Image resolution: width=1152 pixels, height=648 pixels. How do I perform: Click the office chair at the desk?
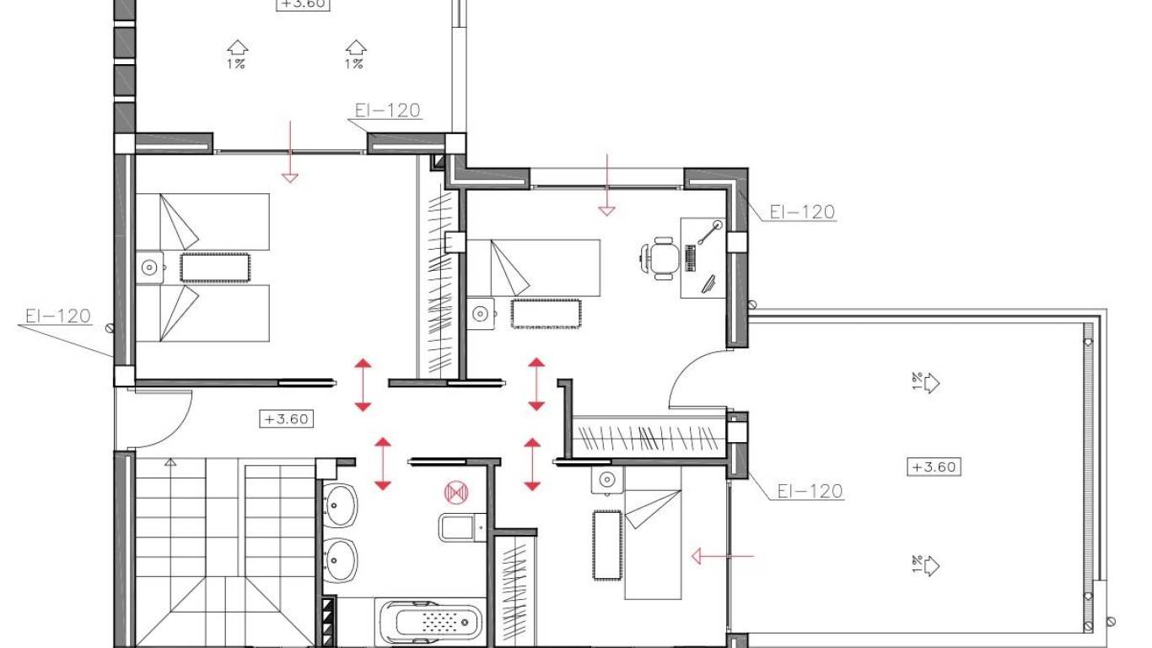click(x=661, y=256)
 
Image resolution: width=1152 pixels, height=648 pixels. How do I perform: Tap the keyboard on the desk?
click(x=692, y=258)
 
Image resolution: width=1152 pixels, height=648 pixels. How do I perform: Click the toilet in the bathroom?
click(x=459, y=527)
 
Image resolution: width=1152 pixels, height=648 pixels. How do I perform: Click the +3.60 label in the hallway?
click(x=287, y=418)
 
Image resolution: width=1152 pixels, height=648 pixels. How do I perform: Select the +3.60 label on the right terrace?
click(x=934, y=467)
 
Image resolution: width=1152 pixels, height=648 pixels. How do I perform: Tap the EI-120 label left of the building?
click(x=57, y=316)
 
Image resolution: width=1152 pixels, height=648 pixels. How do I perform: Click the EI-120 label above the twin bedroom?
click(x=387, y=111)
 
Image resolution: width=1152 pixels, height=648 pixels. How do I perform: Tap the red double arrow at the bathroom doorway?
click(x=383, y=463)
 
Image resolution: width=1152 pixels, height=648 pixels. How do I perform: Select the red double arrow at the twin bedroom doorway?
click(x=363, y=385)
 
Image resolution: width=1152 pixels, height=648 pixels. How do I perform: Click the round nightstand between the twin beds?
click(x=149, y=267)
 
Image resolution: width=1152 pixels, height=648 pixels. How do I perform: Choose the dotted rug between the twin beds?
click(x=215, y=267)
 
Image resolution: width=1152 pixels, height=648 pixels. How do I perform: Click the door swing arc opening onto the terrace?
click(x=692, y=375)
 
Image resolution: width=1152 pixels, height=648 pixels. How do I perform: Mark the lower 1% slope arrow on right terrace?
click(x=925, y=564)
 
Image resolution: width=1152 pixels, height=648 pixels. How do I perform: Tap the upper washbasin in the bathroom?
click(x=340, y=506)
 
